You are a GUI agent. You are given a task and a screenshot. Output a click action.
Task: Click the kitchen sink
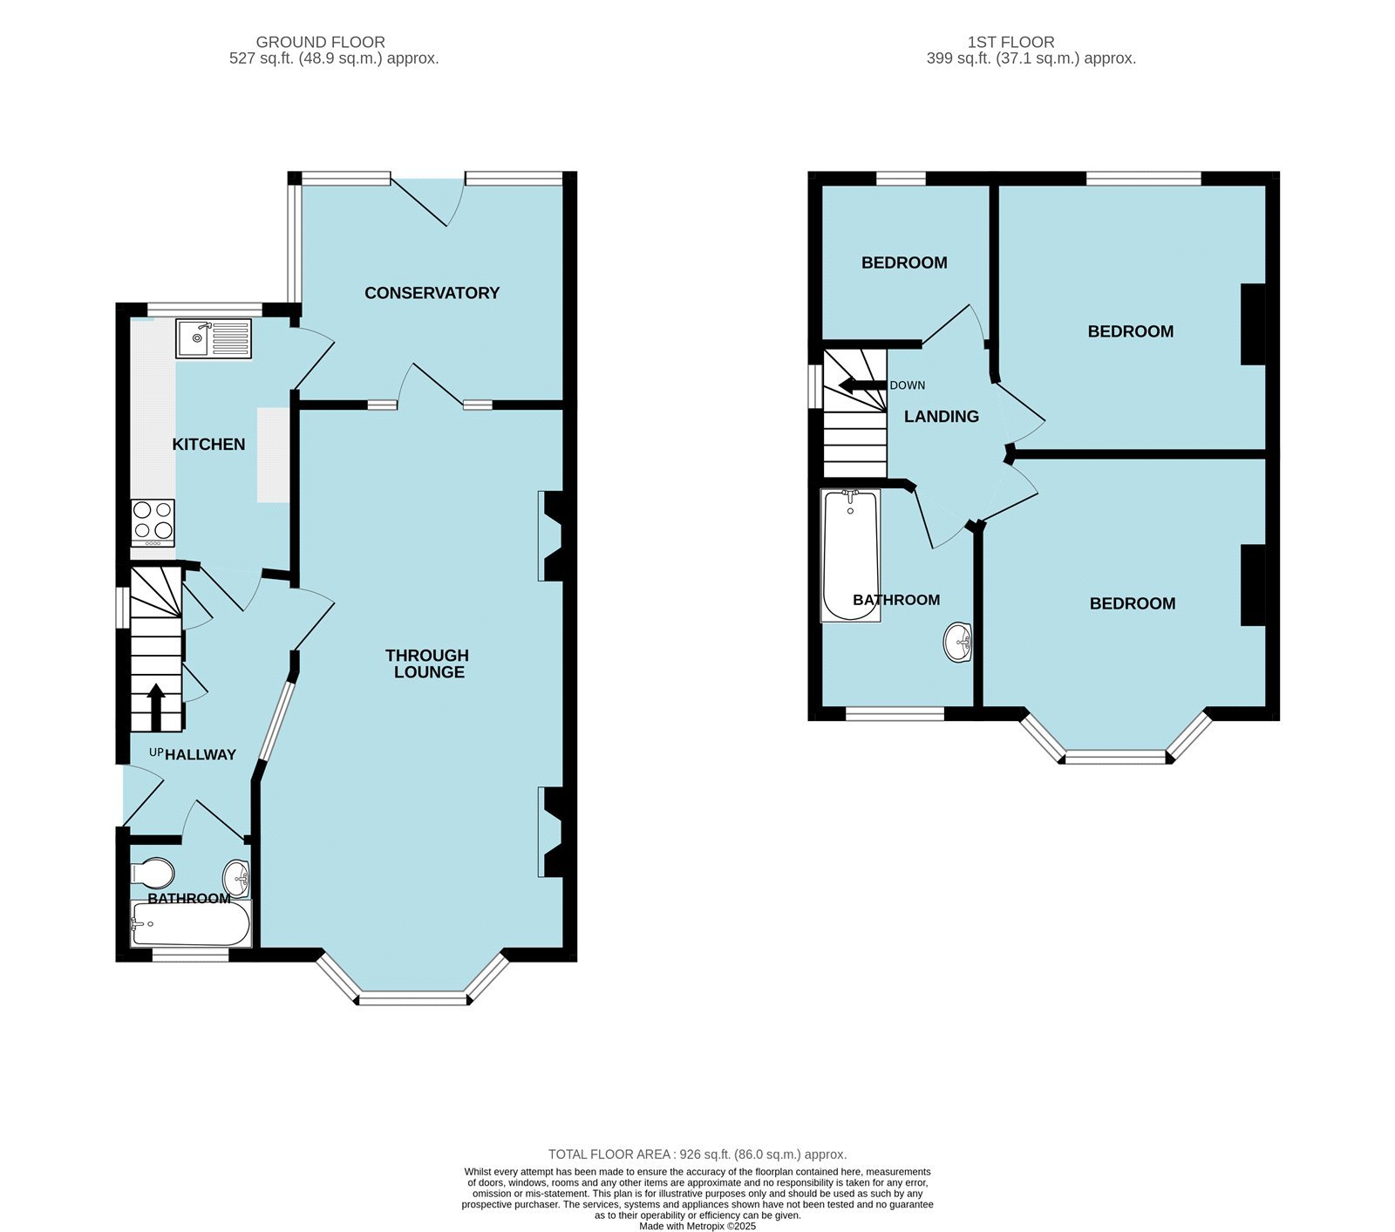(214, 338)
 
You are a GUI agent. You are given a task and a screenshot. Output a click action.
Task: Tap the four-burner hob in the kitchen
(153, 521)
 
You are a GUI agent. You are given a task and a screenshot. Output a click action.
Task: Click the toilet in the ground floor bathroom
(153, 872)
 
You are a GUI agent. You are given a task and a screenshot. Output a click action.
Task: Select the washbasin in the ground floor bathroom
(236, 876)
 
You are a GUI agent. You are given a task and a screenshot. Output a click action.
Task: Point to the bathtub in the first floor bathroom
(851, 556)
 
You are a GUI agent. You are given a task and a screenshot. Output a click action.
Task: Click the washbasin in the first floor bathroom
(957, 643)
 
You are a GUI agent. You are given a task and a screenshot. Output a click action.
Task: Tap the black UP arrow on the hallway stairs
(156, 706)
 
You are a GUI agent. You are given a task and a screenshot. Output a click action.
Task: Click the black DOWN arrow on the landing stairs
(861, 386)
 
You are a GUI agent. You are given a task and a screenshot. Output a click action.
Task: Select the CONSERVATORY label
(432, 293)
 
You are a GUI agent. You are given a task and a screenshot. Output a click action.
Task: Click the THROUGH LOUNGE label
(427, 664)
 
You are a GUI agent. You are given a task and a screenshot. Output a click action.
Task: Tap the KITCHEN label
(208, 445)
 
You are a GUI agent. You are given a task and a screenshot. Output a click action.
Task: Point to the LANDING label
(941, 417)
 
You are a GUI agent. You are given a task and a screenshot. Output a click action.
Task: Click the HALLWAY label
(201, 755)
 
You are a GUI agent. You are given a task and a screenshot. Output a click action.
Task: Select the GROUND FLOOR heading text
(320, 42)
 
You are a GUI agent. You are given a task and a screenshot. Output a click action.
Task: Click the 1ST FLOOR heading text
(1011, 42)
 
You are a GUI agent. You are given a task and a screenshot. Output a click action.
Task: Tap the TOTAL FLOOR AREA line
(697, 1154)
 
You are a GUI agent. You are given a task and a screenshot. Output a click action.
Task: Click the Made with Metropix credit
(697, 1225)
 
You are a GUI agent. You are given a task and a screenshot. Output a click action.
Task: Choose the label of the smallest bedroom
(904, 262)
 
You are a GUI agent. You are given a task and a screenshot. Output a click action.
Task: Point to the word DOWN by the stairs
(907, 385)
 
